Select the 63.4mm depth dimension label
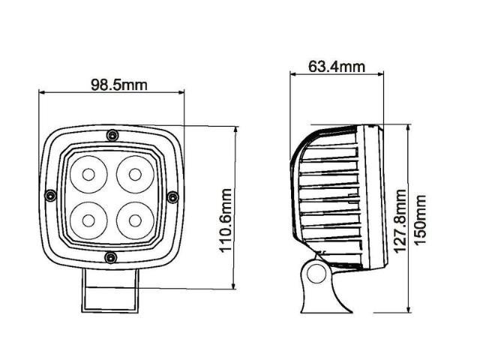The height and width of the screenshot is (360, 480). point(336,66)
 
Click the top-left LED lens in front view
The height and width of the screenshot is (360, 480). point(88,175)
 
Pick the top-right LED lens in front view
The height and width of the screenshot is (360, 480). point(134,175)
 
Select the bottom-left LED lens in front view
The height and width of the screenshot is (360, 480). point(88,220)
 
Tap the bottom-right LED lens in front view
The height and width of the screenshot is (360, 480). point(134,220)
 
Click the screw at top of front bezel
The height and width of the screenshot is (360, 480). point(111,135)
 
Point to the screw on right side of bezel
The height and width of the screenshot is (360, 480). point(172,196)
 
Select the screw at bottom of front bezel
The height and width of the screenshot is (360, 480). point(111,258)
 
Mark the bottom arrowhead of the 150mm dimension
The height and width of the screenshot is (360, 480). point(409,309)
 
